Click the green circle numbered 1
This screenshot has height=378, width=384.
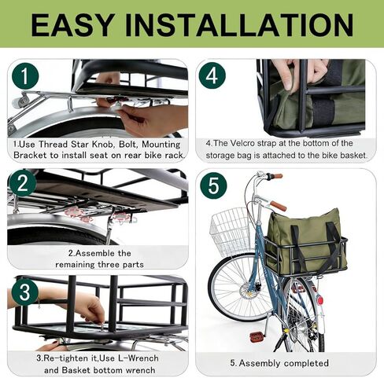tap(24, 76)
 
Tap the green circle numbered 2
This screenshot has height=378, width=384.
tap(23, 183)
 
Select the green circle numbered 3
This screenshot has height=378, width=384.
tap(25, 292)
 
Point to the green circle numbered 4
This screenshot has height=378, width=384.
tap(212, 75)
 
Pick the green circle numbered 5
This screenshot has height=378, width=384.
tap(213, 185)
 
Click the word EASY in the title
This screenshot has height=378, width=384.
tap(72, 25)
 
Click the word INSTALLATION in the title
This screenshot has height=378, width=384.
tap(239, 25)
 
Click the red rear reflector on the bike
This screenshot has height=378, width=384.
tap(320, 299)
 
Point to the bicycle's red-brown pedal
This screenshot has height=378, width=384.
tap(256, 336)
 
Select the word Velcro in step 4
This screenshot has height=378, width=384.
tap(242, 144)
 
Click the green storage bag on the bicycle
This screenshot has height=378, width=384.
tap(306, 239)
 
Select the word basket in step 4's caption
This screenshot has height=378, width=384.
tap(353, 156)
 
